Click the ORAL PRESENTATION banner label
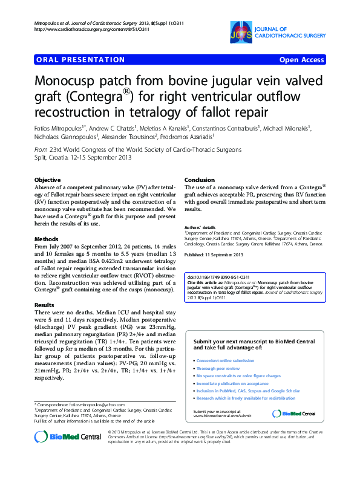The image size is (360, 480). point(80,60)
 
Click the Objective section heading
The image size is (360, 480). point(47,180)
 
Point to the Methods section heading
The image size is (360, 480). point(46,239)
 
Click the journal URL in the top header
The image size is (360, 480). point(83,29)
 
